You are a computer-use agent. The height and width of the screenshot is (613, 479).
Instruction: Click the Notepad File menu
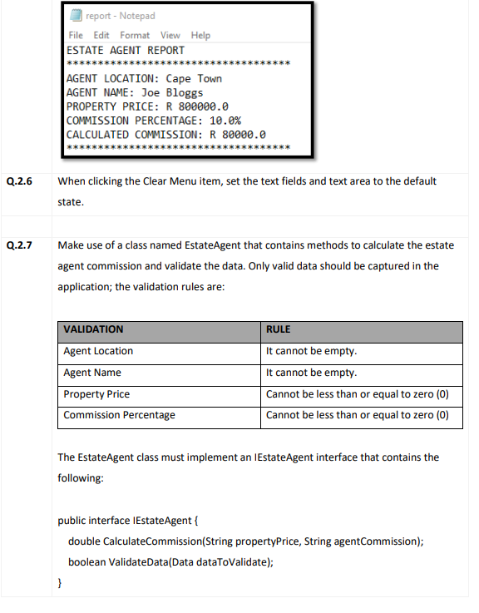click(76, 35)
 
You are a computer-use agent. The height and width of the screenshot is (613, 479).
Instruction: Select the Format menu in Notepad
click(135, 35)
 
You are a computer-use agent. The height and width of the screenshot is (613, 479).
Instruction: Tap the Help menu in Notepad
click(200, 35)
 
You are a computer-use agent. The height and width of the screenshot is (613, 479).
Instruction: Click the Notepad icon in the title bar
click(74, 16)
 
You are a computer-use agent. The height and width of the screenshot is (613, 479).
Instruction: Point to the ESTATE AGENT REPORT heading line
click(125, 50)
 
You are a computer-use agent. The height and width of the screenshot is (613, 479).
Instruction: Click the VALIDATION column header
click(94, 329)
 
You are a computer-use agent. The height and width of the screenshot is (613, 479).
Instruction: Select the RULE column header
click(278, 329)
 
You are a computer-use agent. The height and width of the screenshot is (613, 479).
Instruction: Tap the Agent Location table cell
click(98, 351)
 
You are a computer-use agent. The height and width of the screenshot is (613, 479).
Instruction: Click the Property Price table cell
click(96, 393)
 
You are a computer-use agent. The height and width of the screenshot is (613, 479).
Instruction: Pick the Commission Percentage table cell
click(119, 414)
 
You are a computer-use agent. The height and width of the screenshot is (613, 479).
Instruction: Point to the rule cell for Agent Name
click(311, 373)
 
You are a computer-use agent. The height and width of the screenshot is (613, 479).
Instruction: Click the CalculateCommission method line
click(246, 541)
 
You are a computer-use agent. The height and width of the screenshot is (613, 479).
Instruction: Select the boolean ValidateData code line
click(171, 561)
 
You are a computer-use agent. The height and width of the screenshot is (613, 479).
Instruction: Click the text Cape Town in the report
click(194, 78)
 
